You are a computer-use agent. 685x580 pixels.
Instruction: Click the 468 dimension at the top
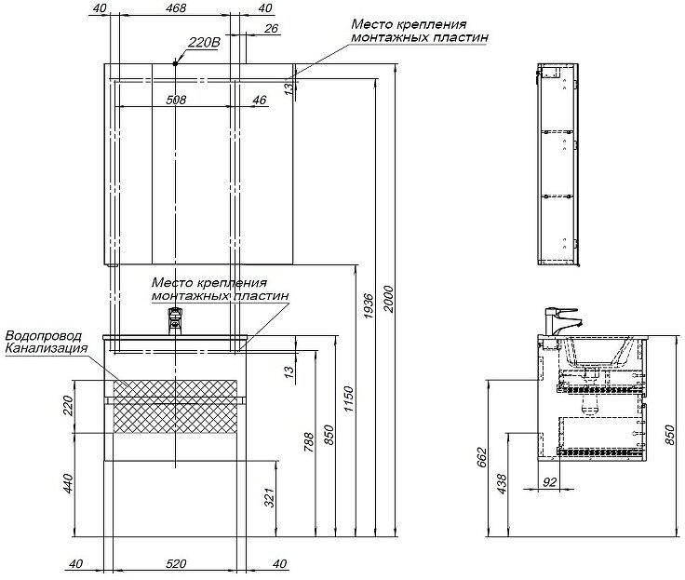pyautogui.click(x=175, y=9)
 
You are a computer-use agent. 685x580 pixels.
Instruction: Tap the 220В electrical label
pyautogui.click(x=203, y=43)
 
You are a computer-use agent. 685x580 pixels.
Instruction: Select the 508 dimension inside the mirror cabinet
pyautogui.click(x=176, y=100)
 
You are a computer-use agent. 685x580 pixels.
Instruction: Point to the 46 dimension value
pyautogui.click(x=259, y=100)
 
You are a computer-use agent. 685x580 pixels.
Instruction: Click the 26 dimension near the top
pyautogui.click(x=271, y=29)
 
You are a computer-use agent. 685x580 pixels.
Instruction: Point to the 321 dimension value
pyautogui.click(x=269, y=499)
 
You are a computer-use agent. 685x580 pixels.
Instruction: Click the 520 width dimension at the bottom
pyautogui.click(x=177, y=564)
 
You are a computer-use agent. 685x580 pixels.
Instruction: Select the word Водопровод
pyautogui.click(x=44, y=336)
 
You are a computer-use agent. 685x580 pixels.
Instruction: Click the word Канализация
pyautogui.click(x=47, y=349)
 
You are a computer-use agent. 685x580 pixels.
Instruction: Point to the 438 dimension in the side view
pyautogui.click(x=504, y=485)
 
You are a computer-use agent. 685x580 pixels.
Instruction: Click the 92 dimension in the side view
pyautogui.click(x=549, y=482)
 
